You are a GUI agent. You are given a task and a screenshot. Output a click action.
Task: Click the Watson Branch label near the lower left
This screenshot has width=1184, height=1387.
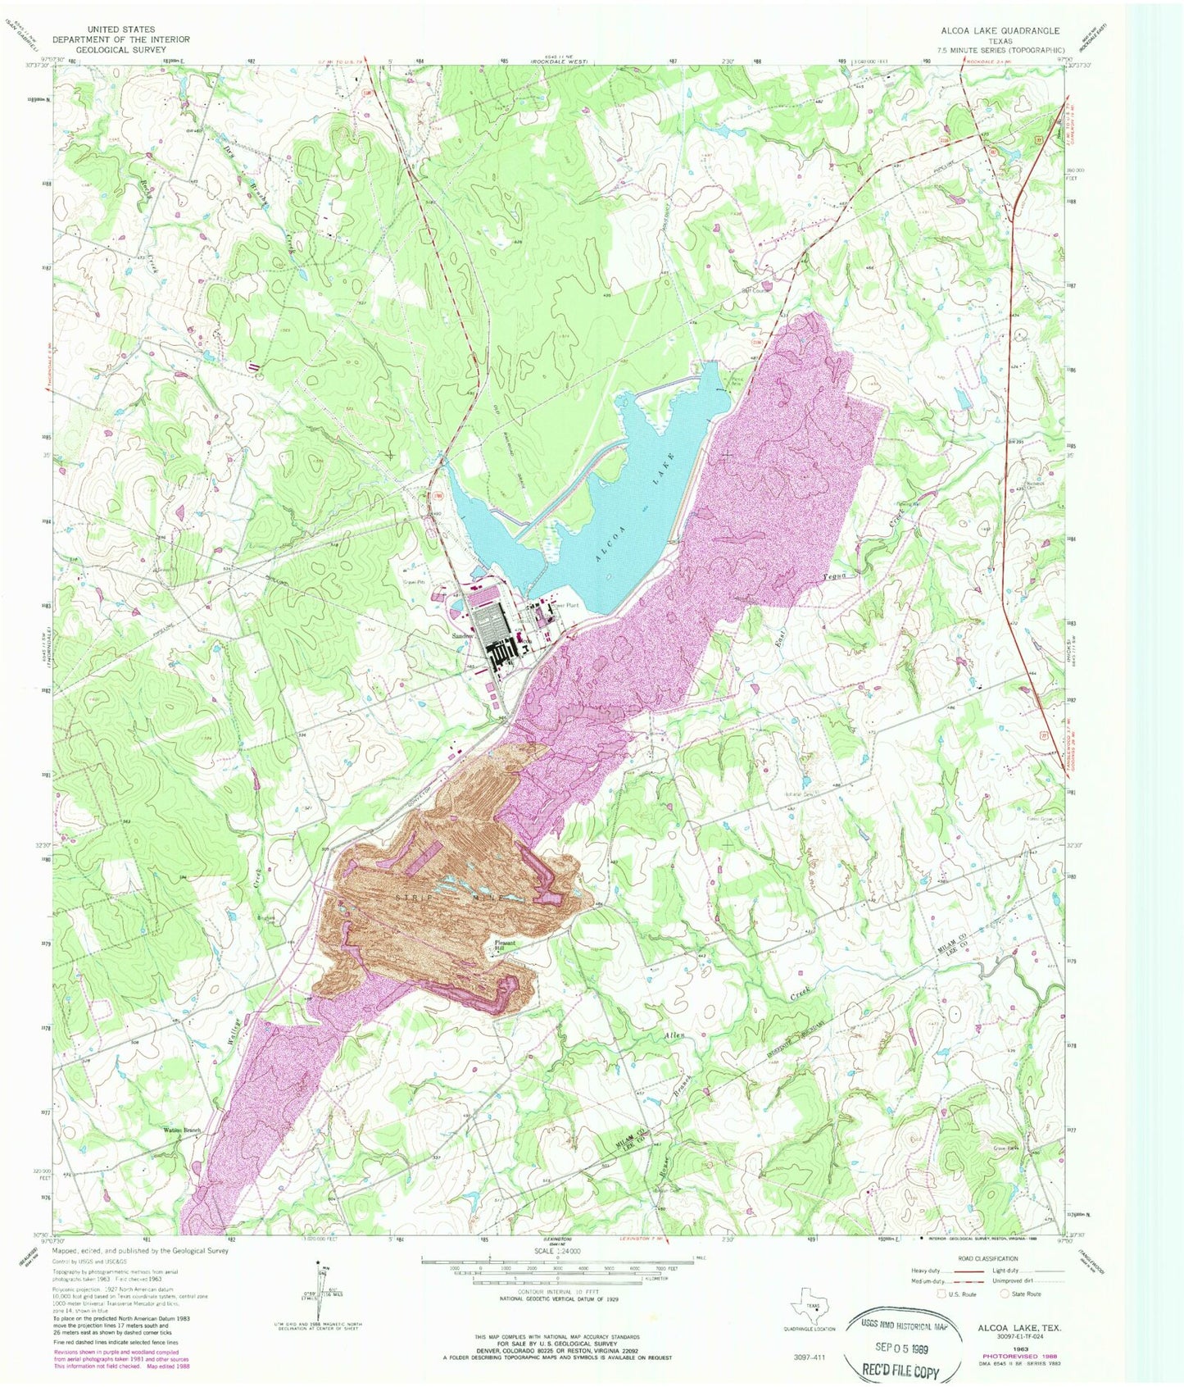[181, 1130]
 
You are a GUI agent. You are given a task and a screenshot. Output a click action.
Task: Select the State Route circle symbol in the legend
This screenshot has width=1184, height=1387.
[1005, 1294]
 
